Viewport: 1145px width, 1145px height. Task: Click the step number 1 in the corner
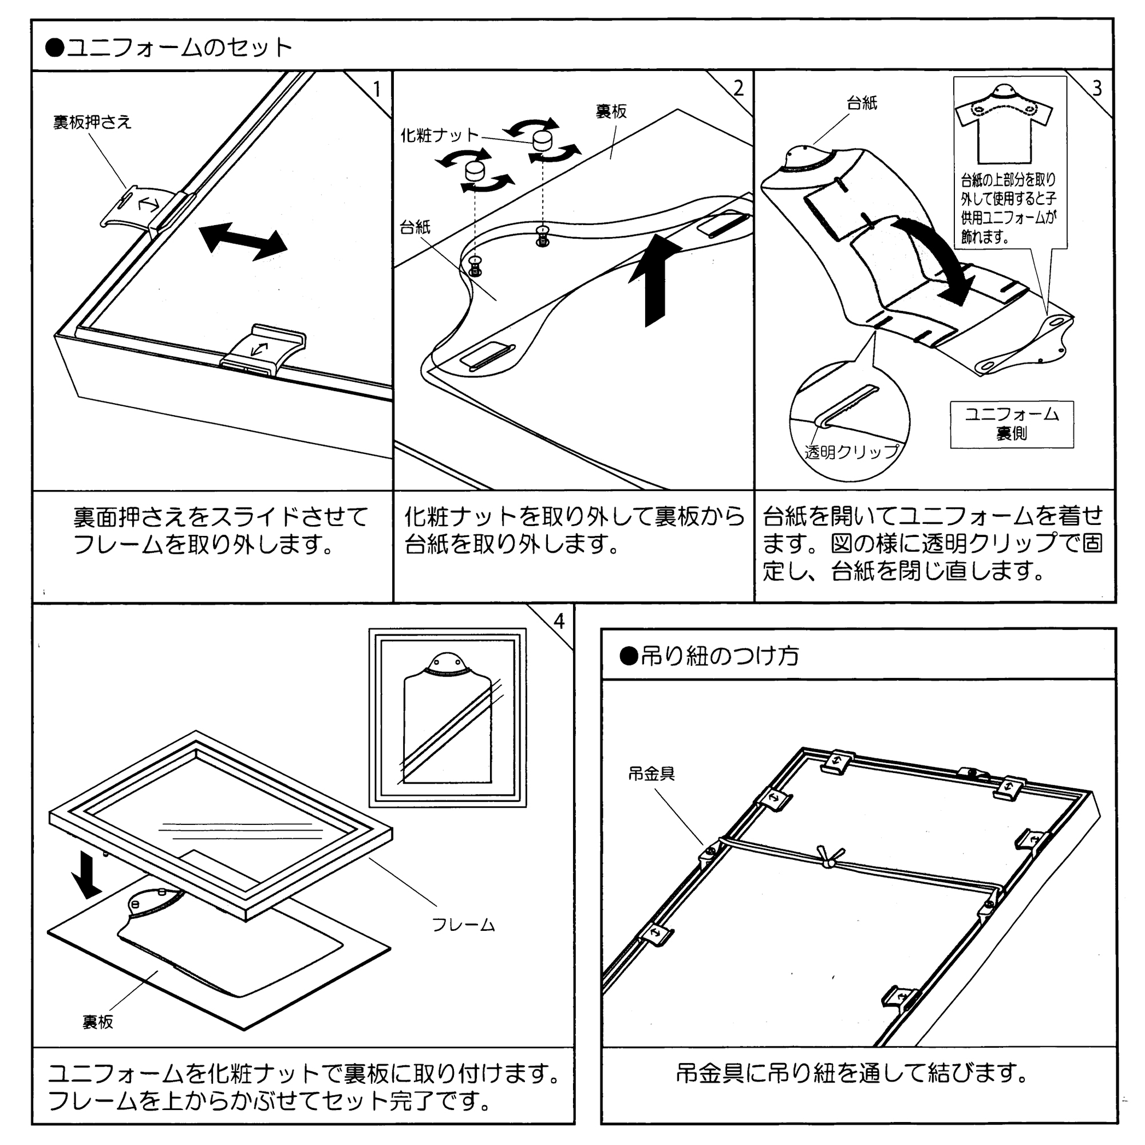[376, 89]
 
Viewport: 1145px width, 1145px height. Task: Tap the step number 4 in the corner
[559, 622]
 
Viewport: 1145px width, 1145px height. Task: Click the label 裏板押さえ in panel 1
[92, 122]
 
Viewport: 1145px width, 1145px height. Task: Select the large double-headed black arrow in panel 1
[243, 240]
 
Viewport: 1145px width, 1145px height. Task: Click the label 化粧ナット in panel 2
[439, 136]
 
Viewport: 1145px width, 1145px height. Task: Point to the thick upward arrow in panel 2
[656, 279]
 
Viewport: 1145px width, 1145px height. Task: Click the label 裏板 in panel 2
[611, 112]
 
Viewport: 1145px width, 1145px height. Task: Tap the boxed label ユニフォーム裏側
[1011, 424]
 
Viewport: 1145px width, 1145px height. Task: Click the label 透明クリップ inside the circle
[851, 452]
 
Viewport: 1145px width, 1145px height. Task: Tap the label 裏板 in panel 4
[98, 1022]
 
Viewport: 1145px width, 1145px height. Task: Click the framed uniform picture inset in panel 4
[448, 718]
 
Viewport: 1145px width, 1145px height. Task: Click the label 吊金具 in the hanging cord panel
[652, 773]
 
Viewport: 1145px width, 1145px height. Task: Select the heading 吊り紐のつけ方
[719, 656]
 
